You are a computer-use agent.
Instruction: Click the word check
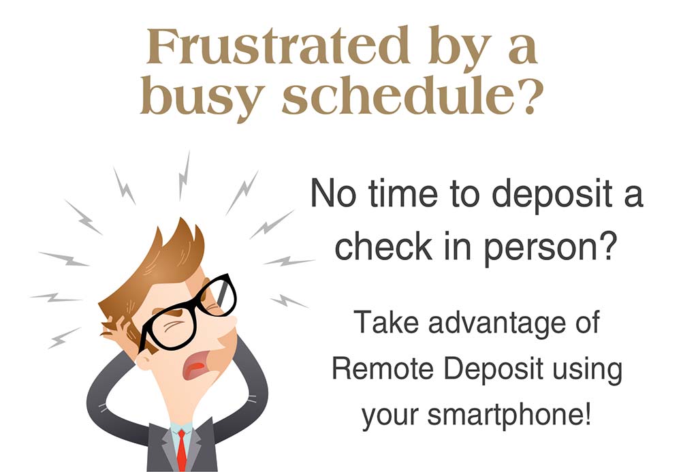pyautogui.click(x=383, y=245)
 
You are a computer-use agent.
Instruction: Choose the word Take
pyautogui.click(x=386, y=321)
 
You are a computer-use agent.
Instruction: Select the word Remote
pyautogui.click(x=383, y=368)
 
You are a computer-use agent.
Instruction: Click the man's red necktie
pyautogui.click(x=182, y=450)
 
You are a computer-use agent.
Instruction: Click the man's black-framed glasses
pyautogui.click(x=188, y=313)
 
